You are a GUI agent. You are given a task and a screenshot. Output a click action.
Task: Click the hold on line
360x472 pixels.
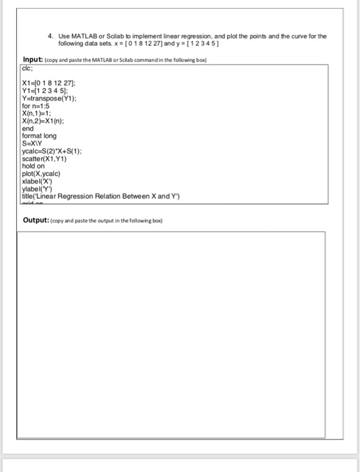(33, 166)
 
